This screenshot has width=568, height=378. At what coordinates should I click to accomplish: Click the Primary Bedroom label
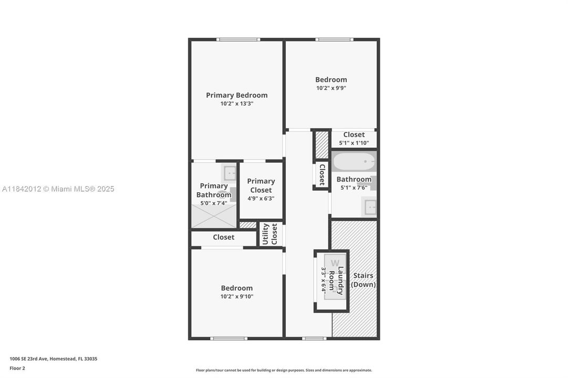(236, 95)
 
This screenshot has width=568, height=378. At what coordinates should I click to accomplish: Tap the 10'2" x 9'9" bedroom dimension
(331, 88)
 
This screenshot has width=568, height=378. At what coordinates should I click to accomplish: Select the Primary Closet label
(261, 185)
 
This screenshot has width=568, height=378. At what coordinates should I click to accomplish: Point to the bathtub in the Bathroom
(354, 162)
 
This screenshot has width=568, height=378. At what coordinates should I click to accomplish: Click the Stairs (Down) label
(363, 280)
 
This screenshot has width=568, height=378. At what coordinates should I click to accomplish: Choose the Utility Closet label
(270, 234)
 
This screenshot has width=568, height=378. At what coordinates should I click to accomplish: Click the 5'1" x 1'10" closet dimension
(354, 143)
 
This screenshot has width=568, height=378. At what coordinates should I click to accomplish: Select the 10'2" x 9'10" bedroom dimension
(236, 296)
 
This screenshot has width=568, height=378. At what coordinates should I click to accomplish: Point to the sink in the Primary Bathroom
(229, 173)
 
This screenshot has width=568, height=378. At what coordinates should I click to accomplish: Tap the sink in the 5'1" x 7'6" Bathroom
(369, 207)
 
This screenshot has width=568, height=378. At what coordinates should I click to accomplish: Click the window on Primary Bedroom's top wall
(238, 39)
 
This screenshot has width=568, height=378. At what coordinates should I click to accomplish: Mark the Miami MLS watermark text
(58, 189)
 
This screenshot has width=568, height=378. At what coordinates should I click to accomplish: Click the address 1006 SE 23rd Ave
(53, 359)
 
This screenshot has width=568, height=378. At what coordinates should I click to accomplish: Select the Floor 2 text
(17, 368)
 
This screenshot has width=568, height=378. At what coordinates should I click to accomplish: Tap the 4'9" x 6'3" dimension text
(261, 199)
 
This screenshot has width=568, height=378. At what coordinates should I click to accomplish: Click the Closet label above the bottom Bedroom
(223, 237)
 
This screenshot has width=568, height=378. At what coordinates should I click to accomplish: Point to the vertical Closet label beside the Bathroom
(322, 174)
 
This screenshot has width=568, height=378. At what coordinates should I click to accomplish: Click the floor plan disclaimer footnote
(284, 370)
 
